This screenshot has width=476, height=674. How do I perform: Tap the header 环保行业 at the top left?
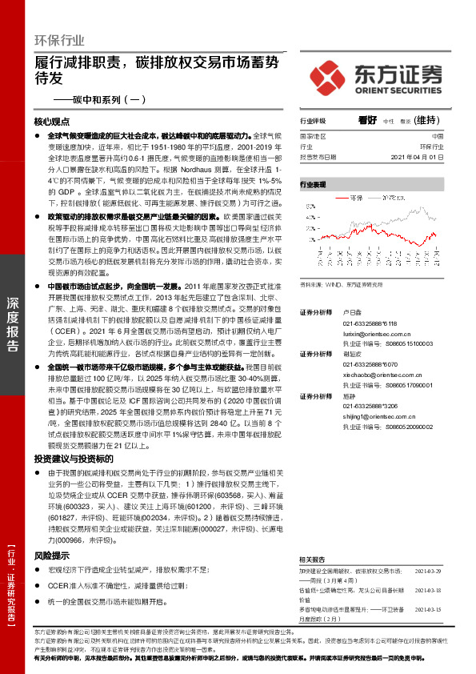click(x=59, y=41)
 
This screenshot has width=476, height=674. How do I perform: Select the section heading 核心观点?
click(x=53, y=122)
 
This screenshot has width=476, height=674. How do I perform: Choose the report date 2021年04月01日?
click(x=414, y=158)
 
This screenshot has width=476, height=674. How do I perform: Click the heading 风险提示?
click(x=46, y=532)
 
